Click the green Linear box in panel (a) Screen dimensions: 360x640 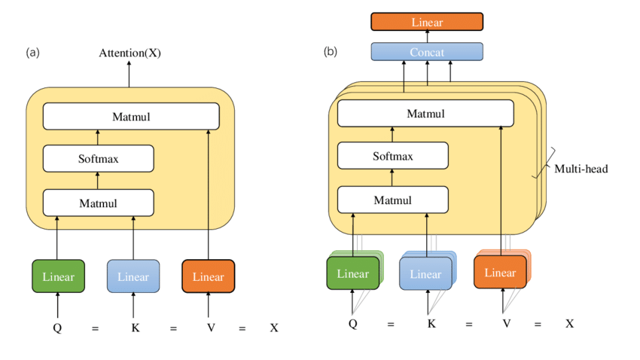pos(58,276)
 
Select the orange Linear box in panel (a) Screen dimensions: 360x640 pos(209,276)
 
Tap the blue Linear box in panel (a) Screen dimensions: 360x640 pos(133,276)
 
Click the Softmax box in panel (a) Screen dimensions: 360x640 pos(98,159)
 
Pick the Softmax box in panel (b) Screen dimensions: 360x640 pos(392,157)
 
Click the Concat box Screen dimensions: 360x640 pos(427,52)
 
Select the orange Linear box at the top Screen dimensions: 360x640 pos(427,22)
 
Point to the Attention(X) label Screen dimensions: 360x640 pos(130,53)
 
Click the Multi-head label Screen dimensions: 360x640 pos(581,169)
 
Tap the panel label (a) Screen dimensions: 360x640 pos(32,53)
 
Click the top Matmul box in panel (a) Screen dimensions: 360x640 pos(131,117)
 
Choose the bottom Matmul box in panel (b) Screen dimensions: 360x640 pos(392,200)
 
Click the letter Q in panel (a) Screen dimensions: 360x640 pos(57,328)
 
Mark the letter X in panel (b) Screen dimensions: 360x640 pos(570,324)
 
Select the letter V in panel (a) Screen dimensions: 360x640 pos(208,328)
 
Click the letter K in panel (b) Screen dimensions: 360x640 pos(431,324)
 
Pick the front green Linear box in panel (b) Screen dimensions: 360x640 pos(352,273)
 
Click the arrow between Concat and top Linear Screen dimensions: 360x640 pos(427,37)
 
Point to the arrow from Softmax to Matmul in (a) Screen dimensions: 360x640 pos(98,138)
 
